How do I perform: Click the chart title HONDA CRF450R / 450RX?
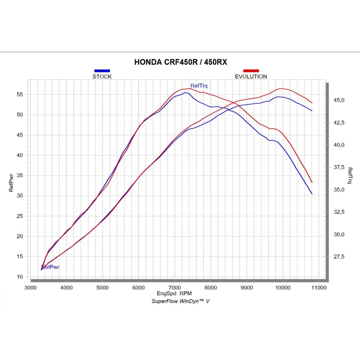click(180, 63)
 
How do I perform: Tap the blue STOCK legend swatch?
click(102, 71)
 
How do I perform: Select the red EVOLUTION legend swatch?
click(251, 71)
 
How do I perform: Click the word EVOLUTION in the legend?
click(251, 76)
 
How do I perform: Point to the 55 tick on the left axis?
click(20, 94)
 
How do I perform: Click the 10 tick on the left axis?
click(20, 277)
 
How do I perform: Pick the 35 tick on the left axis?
click(20, 175)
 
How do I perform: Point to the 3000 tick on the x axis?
click(31, 287)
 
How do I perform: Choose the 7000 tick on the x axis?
click(175, 287)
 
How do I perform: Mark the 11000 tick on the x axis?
click(318, 287)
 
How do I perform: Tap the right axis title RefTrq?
click(350, 176)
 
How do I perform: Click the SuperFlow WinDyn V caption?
click(180, 301)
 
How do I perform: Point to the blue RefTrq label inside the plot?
click(199, 85)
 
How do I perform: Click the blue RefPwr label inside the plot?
click(51, 267)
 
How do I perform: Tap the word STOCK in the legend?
click(102, 76)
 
